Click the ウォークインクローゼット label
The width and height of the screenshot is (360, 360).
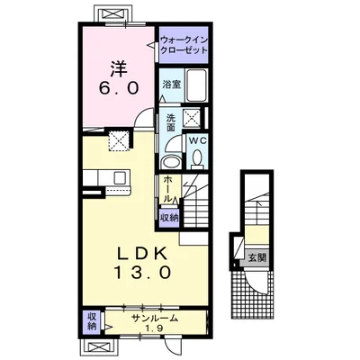click(x=184, y=45)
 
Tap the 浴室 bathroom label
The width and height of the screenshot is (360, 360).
click(x=172, y=85)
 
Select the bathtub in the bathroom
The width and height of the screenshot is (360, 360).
click(x=196, y=85)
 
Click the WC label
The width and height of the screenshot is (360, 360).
click(x=198, y=140)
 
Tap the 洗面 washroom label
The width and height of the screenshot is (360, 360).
click(x=170, y=122)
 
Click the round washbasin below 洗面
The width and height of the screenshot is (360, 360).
click(x=170, y=162)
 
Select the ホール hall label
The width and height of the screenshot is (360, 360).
click(x=168, y=190)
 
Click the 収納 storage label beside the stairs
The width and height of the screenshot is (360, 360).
click(x=169, y=218)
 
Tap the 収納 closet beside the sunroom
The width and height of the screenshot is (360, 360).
click(x=92, y=321)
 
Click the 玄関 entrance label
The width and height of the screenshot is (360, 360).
click(x=257, y=257)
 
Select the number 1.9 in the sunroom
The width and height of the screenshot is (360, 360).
click(x=155, y=328)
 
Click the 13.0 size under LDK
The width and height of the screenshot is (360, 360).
click(x=142, y=273)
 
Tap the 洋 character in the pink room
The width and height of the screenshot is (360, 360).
click(x=119, y=70)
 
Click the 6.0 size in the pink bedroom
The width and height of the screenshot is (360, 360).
click(x=119, y=88)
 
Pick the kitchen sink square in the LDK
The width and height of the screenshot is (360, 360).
click(x=121, y=177)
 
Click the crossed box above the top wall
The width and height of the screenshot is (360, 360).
click(x=113, y=13)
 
